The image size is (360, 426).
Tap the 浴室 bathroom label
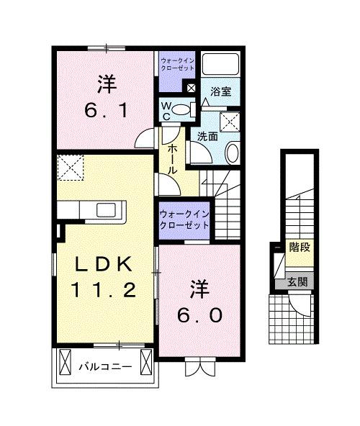pos(220,91)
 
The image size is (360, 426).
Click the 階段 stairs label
pos(299,248)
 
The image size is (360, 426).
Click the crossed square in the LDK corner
pos(71,170)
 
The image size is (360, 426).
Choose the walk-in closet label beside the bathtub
pos(176,66)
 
